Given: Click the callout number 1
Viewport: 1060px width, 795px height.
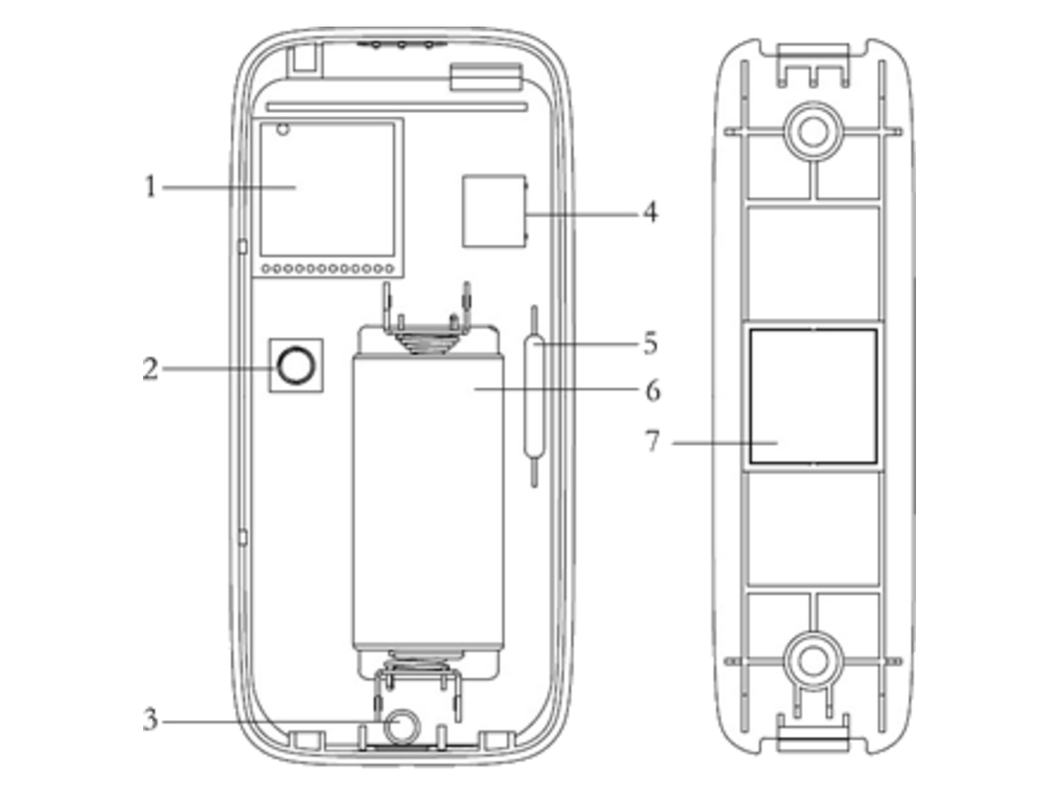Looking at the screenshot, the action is pyautogui.click(x=151, y=186).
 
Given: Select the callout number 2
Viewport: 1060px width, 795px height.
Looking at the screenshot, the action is pyautogui.click(x=150, y=369).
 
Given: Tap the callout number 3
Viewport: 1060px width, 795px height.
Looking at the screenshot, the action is pyautogui.click(x=150, y=720).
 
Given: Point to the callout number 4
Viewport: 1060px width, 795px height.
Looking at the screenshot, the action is pyautogui.click(x=650, y=212).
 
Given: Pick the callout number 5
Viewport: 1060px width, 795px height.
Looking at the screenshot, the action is pyautogui.click(x=650, y=344).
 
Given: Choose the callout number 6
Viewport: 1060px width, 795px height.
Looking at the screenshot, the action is pyautogui.click(x=653, y=390).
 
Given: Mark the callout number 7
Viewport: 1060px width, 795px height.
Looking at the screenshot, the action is pyautogui.click(x=652, y=441).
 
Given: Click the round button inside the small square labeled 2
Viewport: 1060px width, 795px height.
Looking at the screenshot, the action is pyautogui.click(x=296, y=366).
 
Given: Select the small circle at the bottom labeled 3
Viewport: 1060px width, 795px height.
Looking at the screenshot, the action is pyautogui.click(x=401, y=725).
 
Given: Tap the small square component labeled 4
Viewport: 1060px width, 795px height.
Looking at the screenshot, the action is pyautogui.click(x=495, y=211).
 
